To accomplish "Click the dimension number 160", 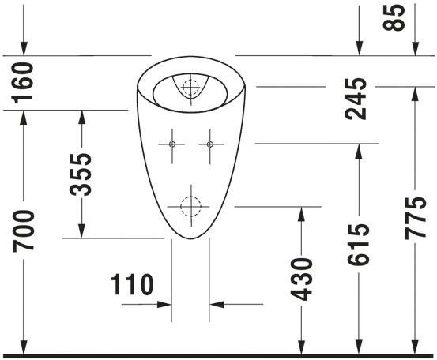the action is [x=22, y=83].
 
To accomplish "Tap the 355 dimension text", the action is [x=81, y=174].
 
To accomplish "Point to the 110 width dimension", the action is [x=132, y=284].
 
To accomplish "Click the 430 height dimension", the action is [x=301, y=279].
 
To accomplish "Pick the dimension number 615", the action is [x=359, y=244].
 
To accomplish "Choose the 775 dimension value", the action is [x=415, y=218].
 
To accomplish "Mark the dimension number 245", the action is [x=356, y=99].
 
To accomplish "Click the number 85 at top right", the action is [x=394, y=17].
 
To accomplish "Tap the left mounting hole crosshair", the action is [x=172, y=144].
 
